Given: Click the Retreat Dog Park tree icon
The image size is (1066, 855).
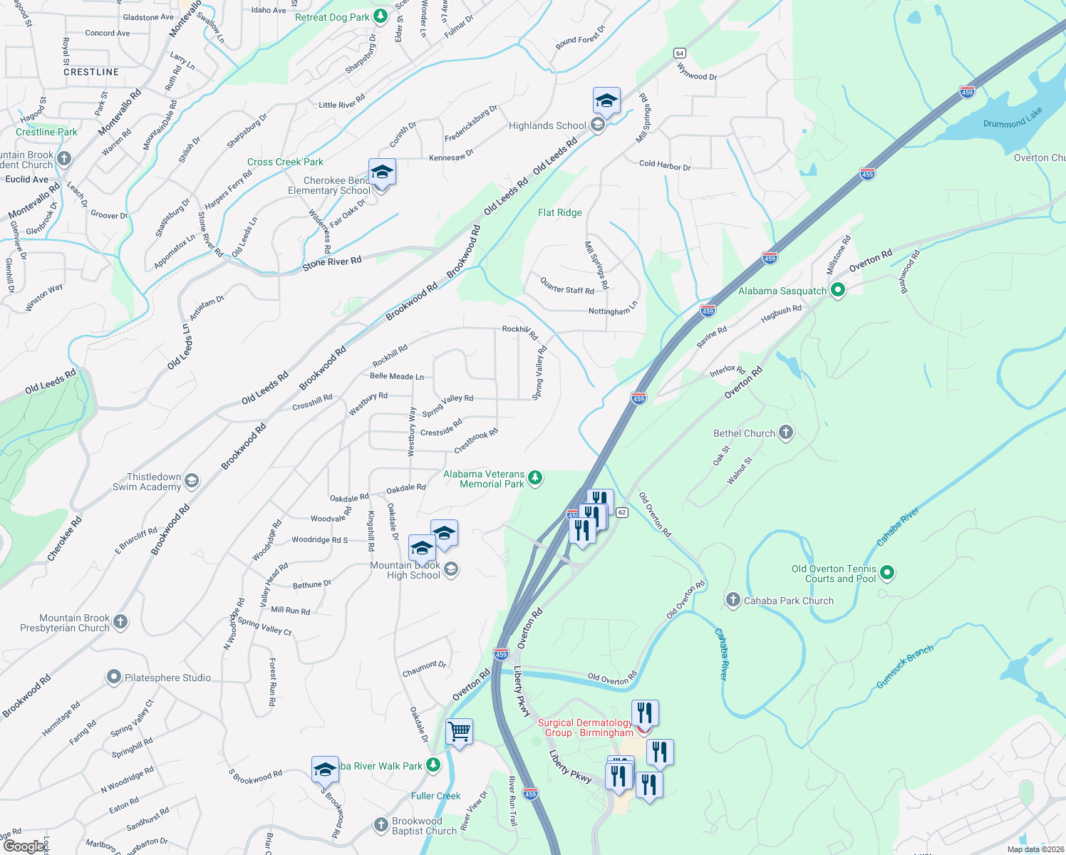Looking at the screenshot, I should [x=381, y=16].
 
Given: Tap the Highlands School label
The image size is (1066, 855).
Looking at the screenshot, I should [x=547, y=126].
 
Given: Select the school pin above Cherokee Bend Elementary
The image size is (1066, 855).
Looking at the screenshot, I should [x=382, y=172].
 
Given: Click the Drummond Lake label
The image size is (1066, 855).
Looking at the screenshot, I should [x=1013, y=118].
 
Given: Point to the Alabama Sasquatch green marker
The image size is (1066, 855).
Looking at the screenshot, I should [x=838, y=289].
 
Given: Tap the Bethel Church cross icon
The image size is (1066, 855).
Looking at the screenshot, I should [x=786, y=432].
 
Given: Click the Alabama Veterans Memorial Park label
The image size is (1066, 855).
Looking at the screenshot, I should [x=484, y=479].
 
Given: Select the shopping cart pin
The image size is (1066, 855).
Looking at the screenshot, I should [x=459, y=732].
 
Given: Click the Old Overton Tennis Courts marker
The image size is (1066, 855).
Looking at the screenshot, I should [x=887, y=571].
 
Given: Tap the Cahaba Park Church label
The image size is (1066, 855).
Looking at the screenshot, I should [x=788, y=601].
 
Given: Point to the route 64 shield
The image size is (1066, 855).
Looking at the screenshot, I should [x=679, y=53].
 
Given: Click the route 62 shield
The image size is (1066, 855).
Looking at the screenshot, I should [x=622, y=512].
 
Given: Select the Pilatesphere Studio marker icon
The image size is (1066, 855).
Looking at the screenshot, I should [x=114, y=677].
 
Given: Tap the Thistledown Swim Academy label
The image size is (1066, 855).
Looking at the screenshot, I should [x=147, y=482].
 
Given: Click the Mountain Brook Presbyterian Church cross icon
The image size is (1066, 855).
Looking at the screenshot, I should [x=120, y=622].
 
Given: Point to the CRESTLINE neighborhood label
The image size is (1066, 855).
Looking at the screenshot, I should [x=91, y=72].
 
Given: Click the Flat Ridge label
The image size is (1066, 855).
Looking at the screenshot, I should [x=560, y=212].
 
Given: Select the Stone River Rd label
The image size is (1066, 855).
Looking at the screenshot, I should [x=332, y=262].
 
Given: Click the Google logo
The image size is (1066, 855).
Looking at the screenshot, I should [x=24, y=846].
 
